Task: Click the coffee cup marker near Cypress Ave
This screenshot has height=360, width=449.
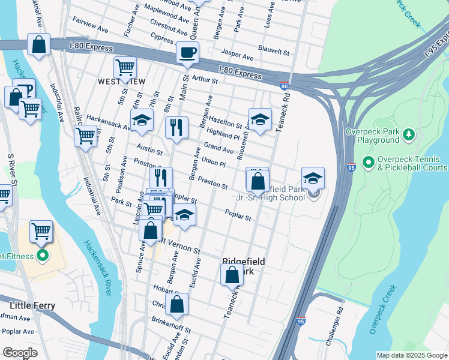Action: (x=188, y=53)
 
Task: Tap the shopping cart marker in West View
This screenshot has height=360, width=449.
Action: (x=125, y=68)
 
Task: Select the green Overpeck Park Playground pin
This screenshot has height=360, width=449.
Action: (x=408, y=133)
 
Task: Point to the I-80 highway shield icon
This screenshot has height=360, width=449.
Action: (x=284, y=86)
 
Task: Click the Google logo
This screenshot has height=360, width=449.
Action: (x=20, y=352)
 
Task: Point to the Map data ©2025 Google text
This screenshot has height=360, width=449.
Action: (x=411, y=355)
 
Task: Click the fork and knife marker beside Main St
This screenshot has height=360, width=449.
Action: (x=176, y=127)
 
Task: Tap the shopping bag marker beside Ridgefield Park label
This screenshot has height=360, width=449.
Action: (x=232, y=275)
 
